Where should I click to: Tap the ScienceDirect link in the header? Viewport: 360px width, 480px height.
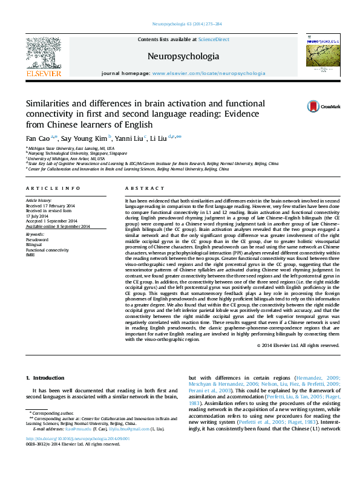pyautogui.click(x=214, y=39)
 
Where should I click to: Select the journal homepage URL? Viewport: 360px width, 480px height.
pyautogui.click(x=209, y=73)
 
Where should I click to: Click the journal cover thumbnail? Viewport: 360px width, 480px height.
pyautogui.click(x=320, y=54)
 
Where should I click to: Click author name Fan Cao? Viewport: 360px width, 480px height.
pyautogui.click(x=37, y=138)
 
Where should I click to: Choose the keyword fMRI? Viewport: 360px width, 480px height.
pyautogui.click(x=31, y=254)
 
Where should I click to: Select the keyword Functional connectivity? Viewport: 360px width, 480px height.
pyautogui.click(x=47, y=249)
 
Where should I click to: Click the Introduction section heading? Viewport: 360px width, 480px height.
pyautogui.click(x=44, y=378)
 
